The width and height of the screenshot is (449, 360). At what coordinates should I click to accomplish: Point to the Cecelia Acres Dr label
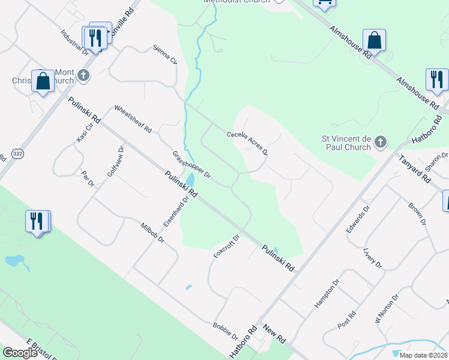247,142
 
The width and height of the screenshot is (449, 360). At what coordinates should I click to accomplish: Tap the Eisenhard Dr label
182,207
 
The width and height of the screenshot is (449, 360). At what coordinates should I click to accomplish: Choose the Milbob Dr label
152,232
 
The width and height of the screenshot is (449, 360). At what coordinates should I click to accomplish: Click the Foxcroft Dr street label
226,246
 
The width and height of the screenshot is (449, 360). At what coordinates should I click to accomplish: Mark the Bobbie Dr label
226,332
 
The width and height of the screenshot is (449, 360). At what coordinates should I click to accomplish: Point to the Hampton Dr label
327,293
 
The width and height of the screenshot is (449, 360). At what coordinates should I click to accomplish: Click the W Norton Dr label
387,308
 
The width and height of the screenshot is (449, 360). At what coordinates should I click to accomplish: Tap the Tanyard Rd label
415,169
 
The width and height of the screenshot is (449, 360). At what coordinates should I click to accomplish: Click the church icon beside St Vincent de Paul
379,142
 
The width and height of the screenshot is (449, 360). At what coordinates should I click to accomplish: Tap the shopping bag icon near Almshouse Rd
374,41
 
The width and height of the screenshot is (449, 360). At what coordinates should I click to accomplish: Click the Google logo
20,353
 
